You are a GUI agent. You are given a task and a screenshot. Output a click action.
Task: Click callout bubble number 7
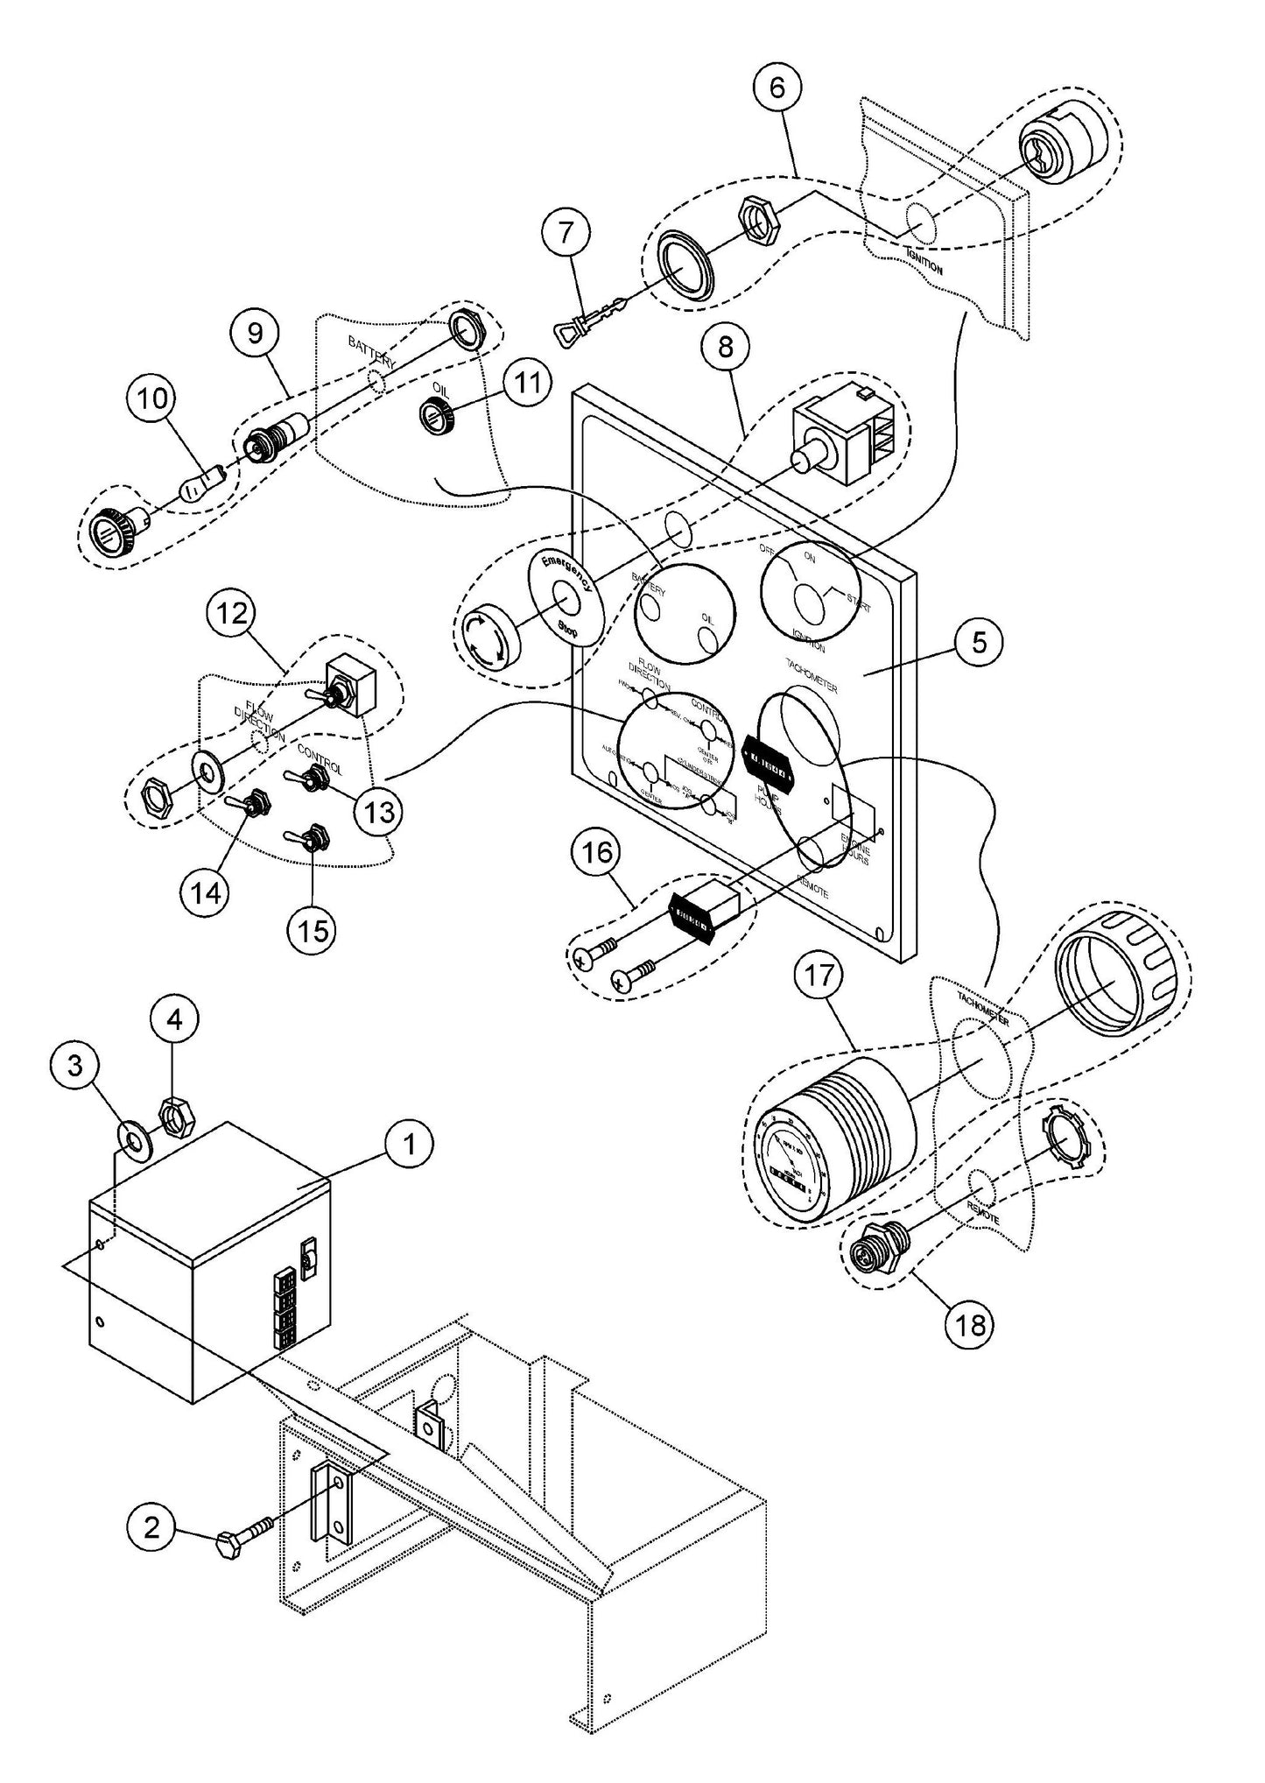point(566,236)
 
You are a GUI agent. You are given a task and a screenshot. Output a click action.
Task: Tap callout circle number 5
point(978,643)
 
